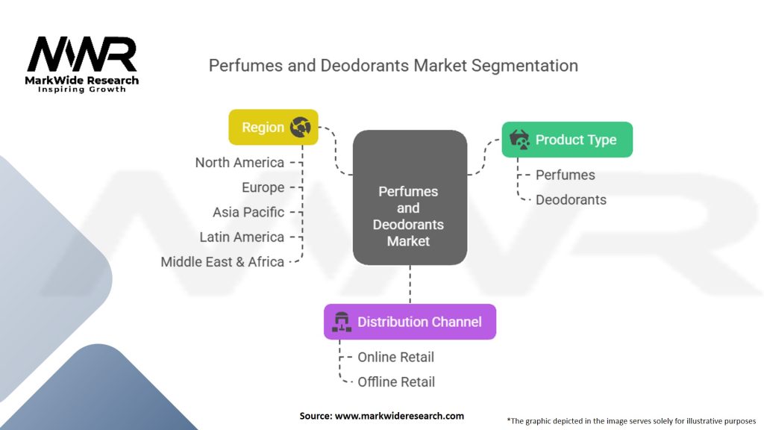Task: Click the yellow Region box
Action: point(273,127)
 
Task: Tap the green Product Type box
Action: point(567,140)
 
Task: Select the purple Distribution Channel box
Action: point(410,322)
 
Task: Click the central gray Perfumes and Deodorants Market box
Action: point(410,197)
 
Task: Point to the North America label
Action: point(239,163)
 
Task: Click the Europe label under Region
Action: point(263,187)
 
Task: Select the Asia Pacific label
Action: point(248,213)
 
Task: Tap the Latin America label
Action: point(242,237)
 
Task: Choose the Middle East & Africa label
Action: point(222,262)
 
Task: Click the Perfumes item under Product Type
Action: point(566,175)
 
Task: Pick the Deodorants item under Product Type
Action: point(571,200)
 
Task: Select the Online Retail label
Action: point(395,358)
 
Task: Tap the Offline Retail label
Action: point(396,382)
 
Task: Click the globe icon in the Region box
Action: point(300,127)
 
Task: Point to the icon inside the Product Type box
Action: point(519,140)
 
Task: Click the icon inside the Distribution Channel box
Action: point(342,322)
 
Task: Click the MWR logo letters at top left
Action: point(82,54)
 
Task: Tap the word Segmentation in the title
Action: point(525,66)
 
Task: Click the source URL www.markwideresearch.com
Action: point(400,416)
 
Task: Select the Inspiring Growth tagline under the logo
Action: point(82,90)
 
